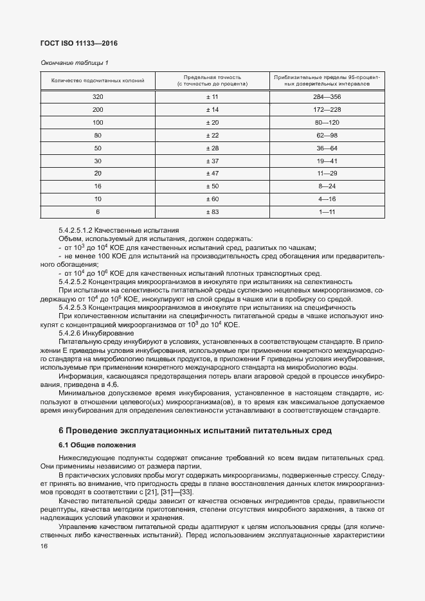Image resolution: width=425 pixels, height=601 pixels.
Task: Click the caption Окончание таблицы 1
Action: [75, 62]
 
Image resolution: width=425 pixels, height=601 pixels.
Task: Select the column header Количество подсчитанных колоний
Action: [98, 80]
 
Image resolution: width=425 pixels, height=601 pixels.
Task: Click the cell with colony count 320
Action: [98, 97]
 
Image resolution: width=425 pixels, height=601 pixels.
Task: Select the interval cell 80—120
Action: [327, 122]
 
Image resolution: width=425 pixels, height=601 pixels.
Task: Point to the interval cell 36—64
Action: [327, 148]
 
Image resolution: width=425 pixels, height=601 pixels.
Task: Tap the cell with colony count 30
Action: [98, 161]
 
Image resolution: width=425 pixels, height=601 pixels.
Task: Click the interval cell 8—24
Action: [327, 186]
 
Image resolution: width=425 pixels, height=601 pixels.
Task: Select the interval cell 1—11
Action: [327, 211]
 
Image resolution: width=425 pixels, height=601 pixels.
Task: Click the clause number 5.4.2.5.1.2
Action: [80, 230]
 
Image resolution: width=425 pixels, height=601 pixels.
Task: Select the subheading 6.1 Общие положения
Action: [97, 445]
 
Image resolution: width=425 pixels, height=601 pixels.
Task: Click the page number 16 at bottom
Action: [44, 546]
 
